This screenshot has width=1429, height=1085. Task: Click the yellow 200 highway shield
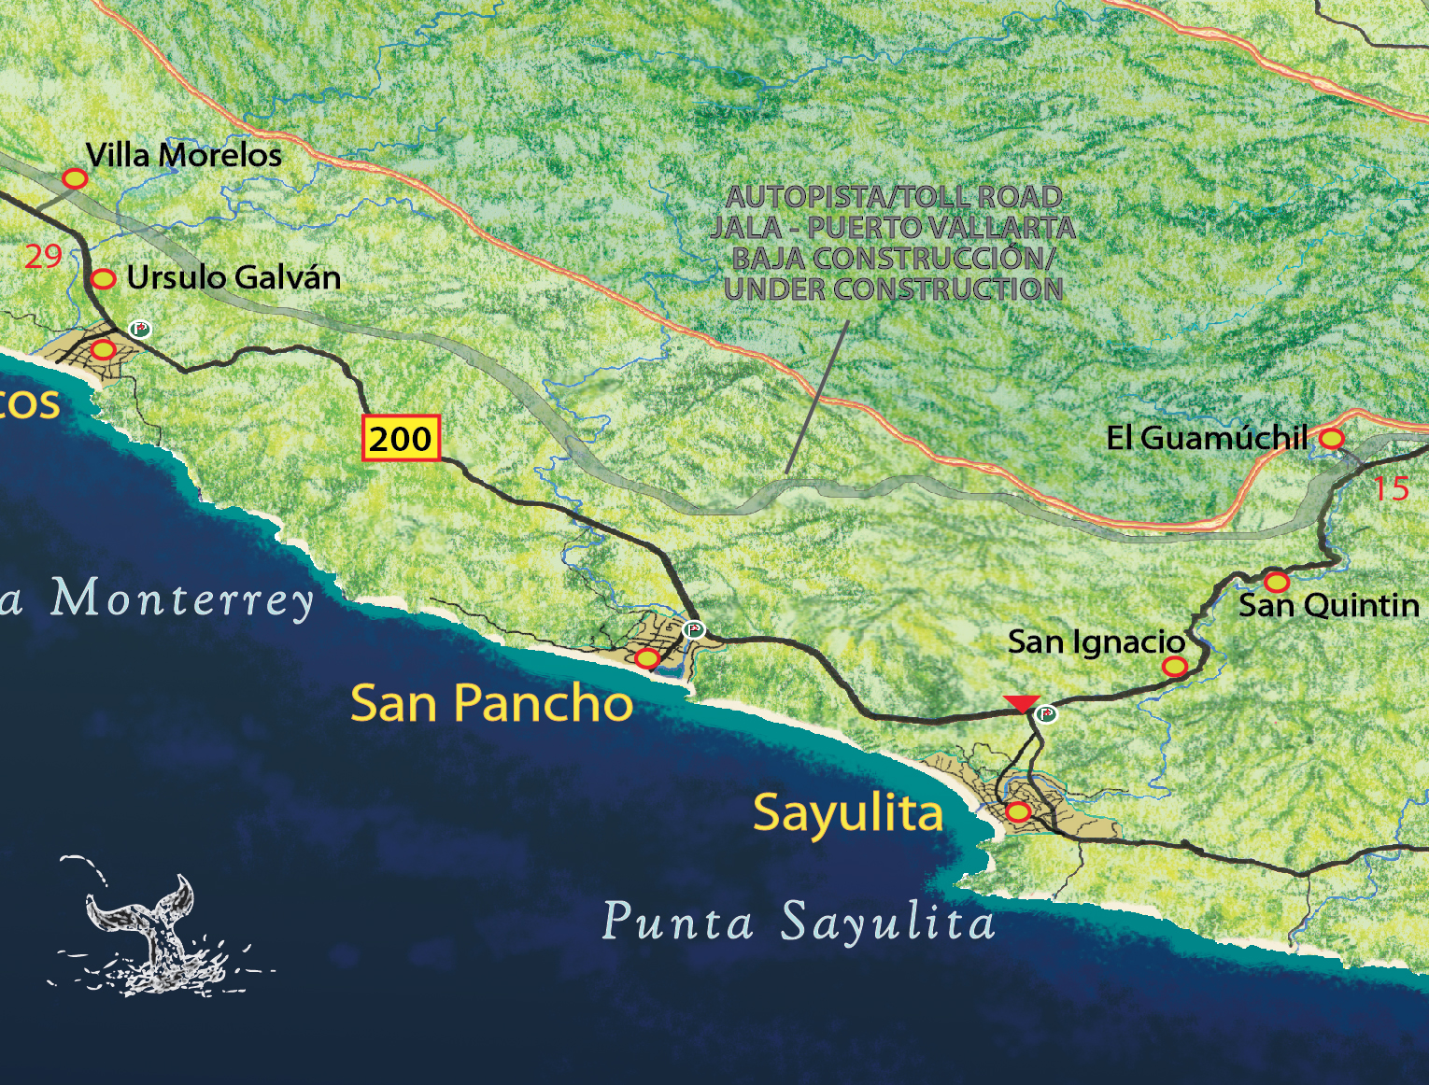401,438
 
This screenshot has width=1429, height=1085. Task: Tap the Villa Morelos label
183,155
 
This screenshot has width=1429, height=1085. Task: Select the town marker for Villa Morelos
75,178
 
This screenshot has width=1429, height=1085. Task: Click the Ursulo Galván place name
233,277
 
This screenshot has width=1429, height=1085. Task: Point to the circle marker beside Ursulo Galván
103,278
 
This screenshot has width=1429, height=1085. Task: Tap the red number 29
43,256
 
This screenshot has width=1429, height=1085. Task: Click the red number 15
1390,488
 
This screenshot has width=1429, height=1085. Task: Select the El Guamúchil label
1206,438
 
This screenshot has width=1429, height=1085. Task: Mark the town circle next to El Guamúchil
1331,438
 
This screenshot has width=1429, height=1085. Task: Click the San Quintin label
1328,605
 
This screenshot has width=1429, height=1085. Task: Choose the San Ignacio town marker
1174,666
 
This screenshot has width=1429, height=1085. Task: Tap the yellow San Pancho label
491,703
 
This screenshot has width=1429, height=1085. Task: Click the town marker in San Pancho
646,658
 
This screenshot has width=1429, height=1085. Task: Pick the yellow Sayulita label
848,812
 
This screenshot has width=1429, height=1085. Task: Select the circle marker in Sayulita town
1017,811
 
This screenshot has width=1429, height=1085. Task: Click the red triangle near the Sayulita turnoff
1021,703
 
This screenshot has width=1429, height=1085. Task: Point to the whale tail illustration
149,924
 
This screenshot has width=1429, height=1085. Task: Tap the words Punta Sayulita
799,923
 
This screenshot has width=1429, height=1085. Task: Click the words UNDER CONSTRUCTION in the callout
894,289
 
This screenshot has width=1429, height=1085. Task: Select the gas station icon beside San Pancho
692,629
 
